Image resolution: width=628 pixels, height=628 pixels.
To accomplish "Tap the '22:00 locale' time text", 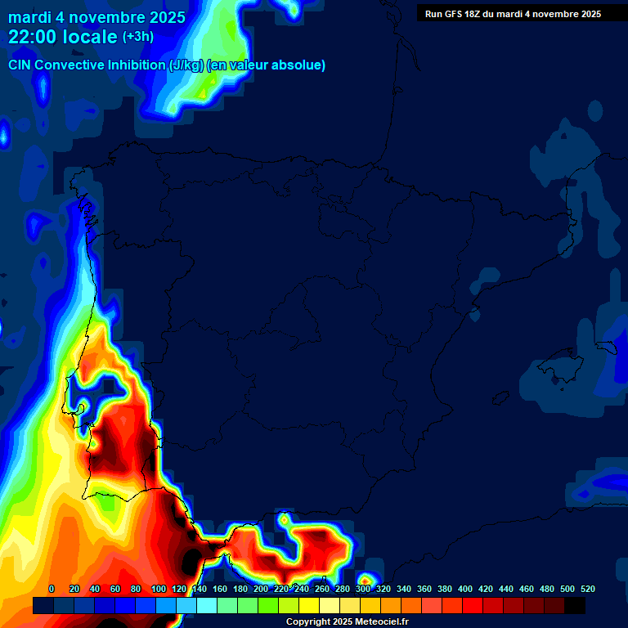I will click(x=63, y=38).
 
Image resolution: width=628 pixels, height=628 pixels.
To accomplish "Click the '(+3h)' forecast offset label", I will click(x=138, y=37).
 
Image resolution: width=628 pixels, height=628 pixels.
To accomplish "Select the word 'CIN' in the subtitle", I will click(x=20, y=65).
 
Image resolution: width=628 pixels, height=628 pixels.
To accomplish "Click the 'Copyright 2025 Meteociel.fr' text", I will click(x=347, y=622).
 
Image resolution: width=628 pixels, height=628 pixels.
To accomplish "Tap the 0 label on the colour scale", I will click(x=52, y=589).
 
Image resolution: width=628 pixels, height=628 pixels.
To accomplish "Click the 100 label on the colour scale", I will click(x=159, y=589).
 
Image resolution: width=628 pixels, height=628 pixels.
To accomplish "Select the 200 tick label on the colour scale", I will click(x=261, y=589).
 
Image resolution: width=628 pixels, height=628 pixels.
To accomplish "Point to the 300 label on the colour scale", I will click(x=363, y=589).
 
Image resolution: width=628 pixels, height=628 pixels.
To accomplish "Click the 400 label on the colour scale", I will click(x=465, y=589).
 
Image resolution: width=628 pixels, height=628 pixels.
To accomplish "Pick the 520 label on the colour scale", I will click(x=587, y=589).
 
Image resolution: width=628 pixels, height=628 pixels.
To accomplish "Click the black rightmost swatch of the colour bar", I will click(x=575, y=606).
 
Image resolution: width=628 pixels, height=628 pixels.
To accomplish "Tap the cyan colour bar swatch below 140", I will click(x=207, y=606).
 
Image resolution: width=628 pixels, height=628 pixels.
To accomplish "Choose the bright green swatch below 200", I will click(x=268, y=606).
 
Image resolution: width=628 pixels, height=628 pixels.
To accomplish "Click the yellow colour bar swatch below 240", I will click(x=309, y=606).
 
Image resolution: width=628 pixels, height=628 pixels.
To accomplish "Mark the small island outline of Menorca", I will click(x=606, y=348).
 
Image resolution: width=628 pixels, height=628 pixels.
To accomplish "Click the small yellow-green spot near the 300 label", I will click(x=366, y=581).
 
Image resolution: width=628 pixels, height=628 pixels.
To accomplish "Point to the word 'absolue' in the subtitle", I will click(x=302, y=65).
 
